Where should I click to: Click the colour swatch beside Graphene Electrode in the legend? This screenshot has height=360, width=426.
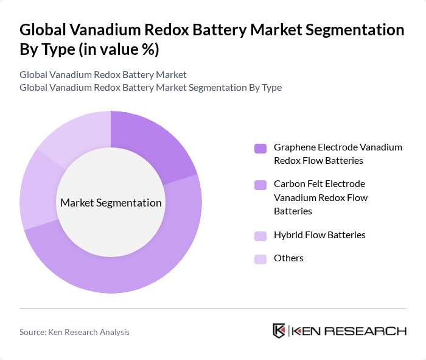pos(260,148)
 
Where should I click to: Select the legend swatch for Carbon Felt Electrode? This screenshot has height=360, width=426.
pos(260,185)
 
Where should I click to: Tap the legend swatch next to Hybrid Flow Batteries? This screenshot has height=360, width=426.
pos(260,236)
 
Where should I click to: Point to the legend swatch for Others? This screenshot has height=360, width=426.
pos(260,259)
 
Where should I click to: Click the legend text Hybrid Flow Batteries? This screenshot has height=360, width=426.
pos(319,235)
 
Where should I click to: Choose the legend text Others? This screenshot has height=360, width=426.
pos(288,258)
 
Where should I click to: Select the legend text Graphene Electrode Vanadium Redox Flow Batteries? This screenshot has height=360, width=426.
pos(337,154)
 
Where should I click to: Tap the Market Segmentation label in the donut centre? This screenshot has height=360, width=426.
pos(111,203)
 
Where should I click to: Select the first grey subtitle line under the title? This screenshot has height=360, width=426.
pos(103,75)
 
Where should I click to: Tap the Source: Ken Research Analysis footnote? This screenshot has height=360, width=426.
pos(74,332)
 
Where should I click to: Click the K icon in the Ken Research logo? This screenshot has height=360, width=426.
pos(279,331)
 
